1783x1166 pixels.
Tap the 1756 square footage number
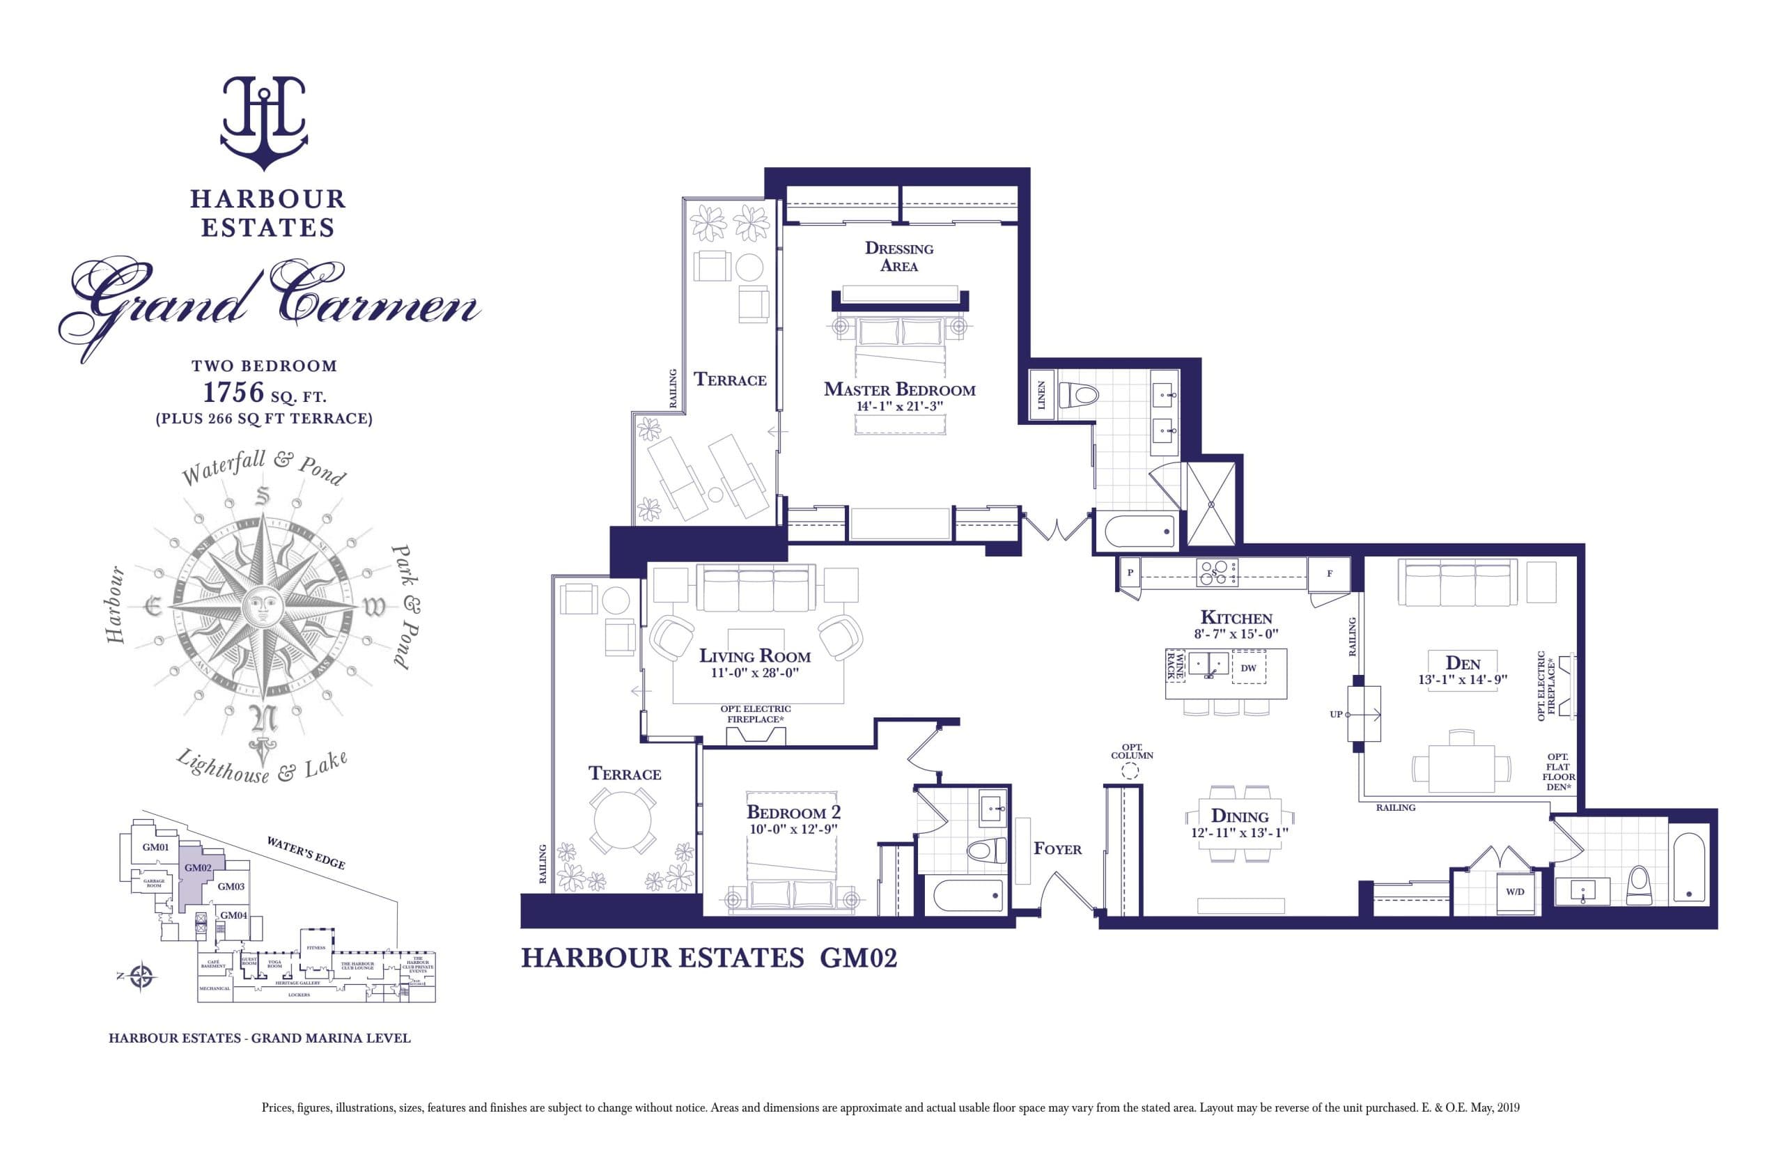pos(234,392)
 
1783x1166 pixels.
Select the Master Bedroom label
pos(899,389)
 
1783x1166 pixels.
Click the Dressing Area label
pos(899,256)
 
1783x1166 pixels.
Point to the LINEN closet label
pos(1041,395)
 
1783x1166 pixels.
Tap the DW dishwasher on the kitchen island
pos(1248,668)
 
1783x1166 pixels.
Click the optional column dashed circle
pos(1131,770)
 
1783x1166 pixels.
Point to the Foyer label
pos(1057,849)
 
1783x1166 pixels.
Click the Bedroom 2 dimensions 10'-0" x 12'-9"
pos(793,829)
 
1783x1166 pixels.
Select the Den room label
pos(1463,663)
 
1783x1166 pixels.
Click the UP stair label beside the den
pos(1336,714)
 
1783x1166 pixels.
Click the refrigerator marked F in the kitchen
pos(1330,574)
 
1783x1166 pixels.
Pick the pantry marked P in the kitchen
pos(1130,573)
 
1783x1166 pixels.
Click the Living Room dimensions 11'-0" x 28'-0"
pos(754,673)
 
